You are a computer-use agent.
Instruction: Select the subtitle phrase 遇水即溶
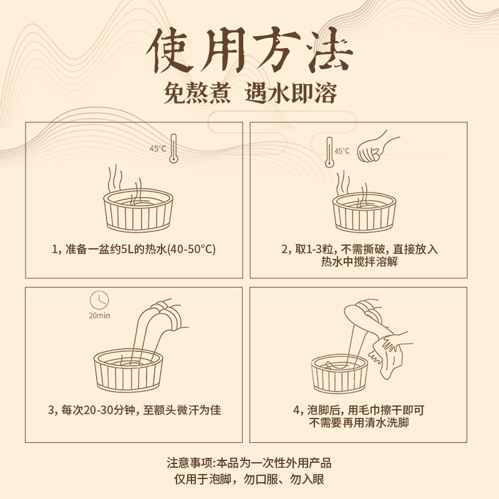pos(293,94)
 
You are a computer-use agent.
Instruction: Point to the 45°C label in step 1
pos(157,148)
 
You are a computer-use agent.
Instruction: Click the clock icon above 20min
pos(99,299)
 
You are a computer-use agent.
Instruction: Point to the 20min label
pos(99,316)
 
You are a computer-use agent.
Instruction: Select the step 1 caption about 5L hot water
pos(133,249)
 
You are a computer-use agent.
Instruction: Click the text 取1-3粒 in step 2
pos(310,249)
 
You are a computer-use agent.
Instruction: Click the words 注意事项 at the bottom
pos(190,463)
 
